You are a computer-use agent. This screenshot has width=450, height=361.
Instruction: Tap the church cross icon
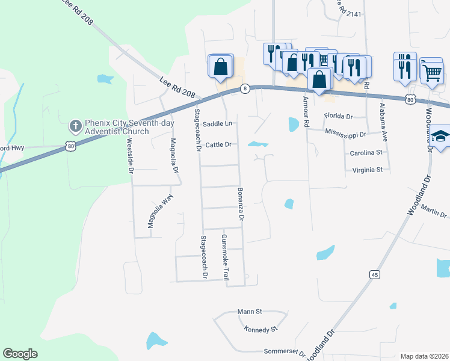(x=75, y=126)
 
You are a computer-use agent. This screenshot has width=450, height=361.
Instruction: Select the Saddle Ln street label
(x=217, y=123)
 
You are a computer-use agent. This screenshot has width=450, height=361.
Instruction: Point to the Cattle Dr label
(x=218, y=144)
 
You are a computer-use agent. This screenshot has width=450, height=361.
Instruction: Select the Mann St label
(x=250, y=312)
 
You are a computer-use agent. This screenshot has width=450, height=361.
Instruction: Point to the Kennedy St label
(x=260, y=329)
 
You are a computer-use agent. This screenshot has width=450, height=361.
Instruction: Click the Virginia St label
(x=366, y=170)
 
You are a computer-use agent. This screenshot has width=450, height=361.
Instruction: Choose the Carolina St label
(x=366, y=153)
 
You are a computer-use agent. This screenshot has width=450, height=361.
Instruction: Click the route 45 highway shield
(x=375, y=274)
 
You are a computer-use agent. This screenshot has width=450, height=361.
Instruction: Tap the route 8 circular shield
(x=245, y=88)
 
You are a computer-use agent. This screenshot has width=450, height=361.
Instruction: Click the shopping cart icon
(x=432, y=72)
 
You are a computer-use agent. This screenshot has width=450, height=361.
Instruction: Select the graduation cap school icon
(x=441, y=137)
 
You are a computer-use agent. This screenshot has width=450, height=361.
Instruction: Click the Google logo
(x=20, y=354)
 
